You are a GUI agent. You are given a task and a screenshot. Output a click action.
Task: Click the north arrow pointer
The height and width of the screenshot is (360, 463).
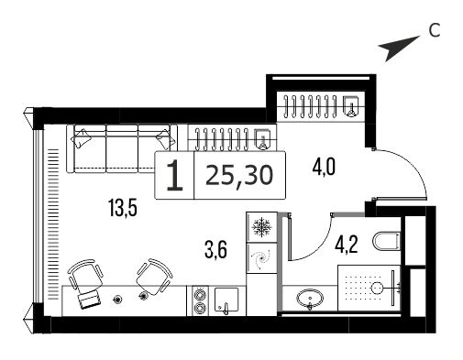(x=397, y=47)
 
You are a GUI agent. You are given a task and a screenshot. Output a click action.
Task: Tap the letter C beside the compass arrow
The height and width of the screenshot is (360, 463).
(x=435, y=30)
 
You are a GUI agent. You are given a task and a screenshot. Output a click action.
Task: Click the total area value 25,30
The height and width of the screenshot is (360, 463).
(x=239, y=176)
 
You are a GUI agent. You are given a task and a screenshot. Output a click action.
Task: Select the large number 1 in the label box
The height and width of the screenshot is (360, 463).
(x=174, y=176)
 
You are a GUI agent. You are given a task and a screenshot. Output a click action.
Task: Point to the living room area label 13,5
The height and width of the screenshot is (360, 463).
(x=123, y=208)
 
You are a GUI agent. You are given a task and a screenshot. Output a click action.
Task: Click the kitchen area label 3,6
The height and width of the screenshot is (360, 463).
(x=215, y=249)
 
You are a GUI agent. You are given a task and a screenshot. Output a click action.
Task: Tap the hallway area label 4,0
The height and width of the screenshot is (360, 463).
(x=324, y=167)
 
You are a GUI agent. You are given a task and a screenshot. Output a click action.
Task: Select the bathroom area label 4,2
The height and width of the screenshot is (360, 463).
(x=347, y=245)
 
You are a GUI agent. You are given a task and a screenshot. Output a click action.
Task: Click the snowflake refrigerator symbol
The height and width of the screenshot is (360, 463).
(x=261, y=227)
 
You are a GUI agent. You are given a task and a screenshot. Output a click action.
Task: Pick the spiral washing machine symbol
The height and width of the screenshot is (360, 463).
(x=261, y=259)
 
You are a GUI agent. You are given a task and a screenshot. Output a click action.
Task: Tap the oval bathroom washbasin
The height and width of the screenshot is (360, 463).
(x=310, y=299)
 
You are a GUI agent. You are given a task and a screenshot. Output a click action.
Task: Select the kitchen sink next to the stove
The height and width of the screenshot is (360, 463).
(x=226, y=300)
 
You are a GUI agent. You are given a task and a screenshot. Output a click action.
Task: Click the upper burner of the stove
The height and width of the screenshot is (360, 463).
(x=200, y=294)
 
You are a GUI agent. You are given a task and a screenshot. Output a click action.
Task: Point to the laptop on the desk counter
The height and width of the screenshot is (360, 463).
(x=89, y=299)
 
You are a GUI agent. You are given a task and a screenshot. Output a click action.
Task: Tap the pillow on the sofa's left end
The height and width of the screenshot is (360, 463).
(x=81, y=138)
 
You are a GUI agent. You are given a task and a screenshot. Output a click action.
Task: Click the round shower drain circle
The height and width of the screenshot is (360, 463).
(x=377, y=287)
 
